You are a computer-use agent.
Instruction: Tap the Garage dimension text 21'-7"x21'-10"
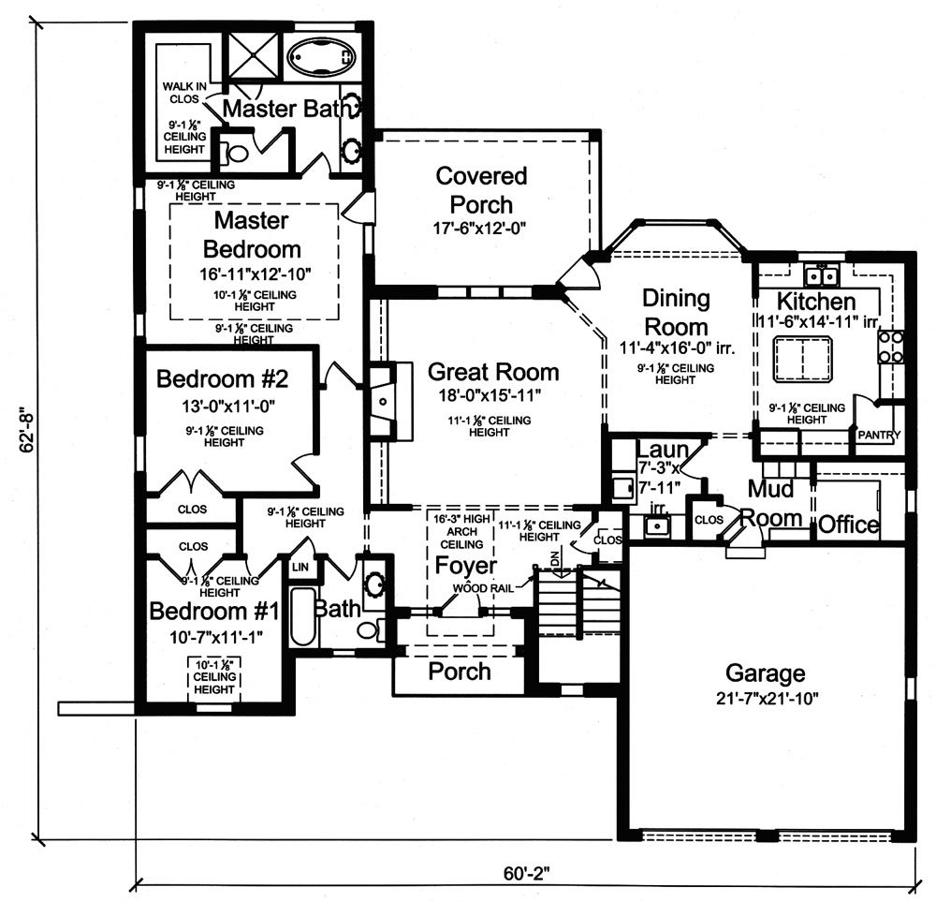766,698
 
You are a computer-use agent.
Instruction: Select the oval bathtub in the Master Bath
320,56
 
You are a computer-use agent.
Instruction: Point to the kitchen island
803,358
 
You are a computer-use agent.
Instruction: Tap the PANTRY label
878,435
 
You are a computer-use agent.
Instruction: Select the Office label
848,525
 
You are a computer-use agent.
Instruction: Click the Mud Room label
773,503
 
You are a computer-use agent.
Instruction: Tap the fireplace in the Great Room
384,401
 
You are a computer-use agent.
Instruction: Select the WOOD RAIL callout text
484,589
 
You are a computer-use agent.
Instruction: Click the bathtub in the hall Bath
303,616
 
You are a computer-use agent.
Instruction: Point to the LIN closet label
300,567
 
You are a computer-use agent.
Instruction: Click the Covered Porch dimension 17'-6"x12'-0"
481,228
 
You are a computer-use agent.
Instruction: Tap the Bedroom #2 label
222,379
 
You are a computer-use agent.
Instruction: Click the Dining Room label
676,313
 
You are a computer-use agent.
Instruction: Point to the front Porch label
459,671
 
